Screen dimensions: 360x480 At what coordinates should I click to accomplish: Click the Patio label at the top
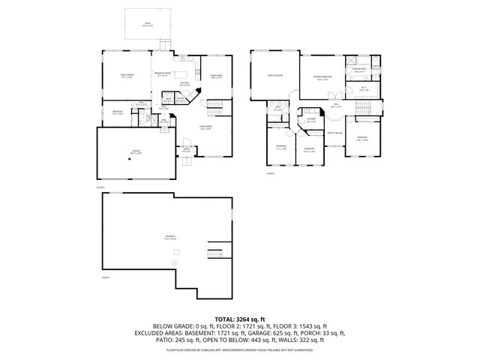[148, 24]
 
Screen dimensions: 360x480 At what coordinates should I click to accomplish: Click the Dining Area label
[217, 76]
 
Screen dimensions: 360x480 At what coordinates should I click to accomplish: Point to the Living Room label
[206, 127]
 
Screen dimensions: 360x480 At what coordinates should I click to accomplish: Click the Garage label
[136, 151]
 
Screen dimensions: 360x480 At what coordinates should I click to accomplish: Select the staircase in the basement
[215, 254]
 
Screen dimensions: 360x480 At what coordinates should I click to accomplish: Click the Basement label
[172, 237]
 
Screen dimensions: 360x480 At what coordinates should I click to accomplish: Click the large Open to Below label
[275, 76]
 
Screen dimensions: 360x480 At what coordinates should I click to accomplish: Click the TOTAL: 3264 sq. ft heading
[239, 318]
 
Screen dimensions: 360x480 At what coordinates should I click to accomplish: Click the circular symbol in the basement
[174, 264]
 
